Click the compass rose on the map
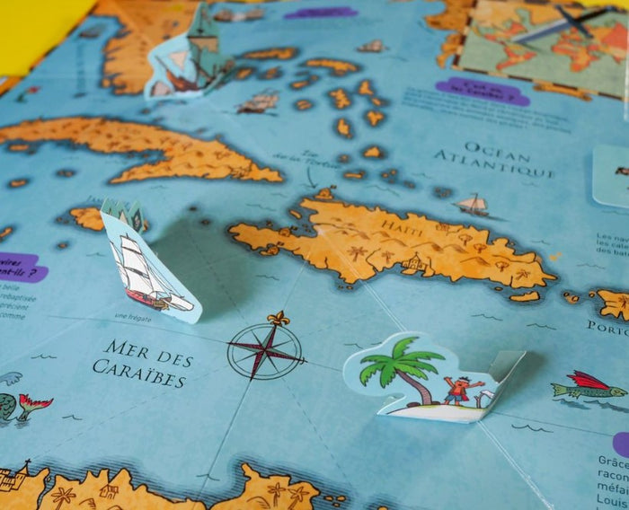pyautogui.click(x=265, y=350)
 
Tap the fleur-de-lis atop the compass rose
pyautogui.click(x=278, y=319)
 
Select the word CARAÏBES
pyautogui.click(x=139, y=374)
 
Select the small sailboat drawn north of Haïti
pyautogui.click(x=473, y=206)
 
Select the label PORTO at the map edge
pyautogui.click(x=608, y=328)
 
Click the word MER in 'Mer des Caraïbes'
pyautogui.click(x=125, y=349)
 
